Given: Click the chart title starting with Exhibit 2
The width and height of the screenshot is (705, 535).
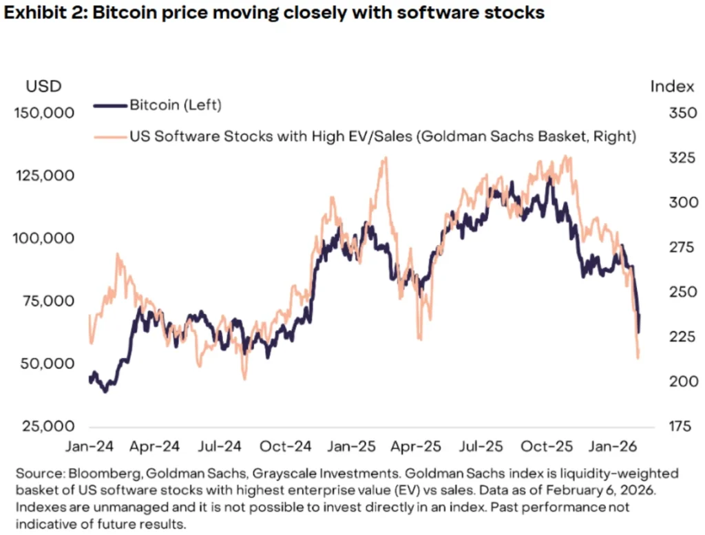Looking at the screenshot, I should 274,13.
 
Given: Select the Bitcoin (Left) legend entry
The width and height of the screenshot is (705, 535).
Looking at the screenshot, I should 175,105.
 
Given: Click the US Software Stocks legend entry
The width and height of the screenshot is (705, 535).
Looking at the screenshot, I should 381,136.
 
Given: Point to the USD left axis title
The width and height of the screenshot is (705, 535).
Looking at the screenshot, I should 44,86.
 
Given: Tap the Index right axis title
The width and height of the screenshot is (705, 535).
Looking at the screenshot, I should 672,86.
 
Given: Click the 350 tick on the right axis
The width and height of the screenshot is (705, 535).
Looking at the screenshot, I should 672,112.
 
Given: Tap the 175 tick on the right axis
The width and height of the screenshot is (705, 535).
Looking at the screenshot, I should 672,426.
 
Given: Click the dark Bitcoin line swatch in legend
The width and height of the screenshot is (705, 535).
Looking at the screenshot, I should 110,105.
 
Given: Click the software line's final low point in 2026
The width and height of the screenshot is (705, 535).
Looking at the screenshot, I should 638,357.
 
